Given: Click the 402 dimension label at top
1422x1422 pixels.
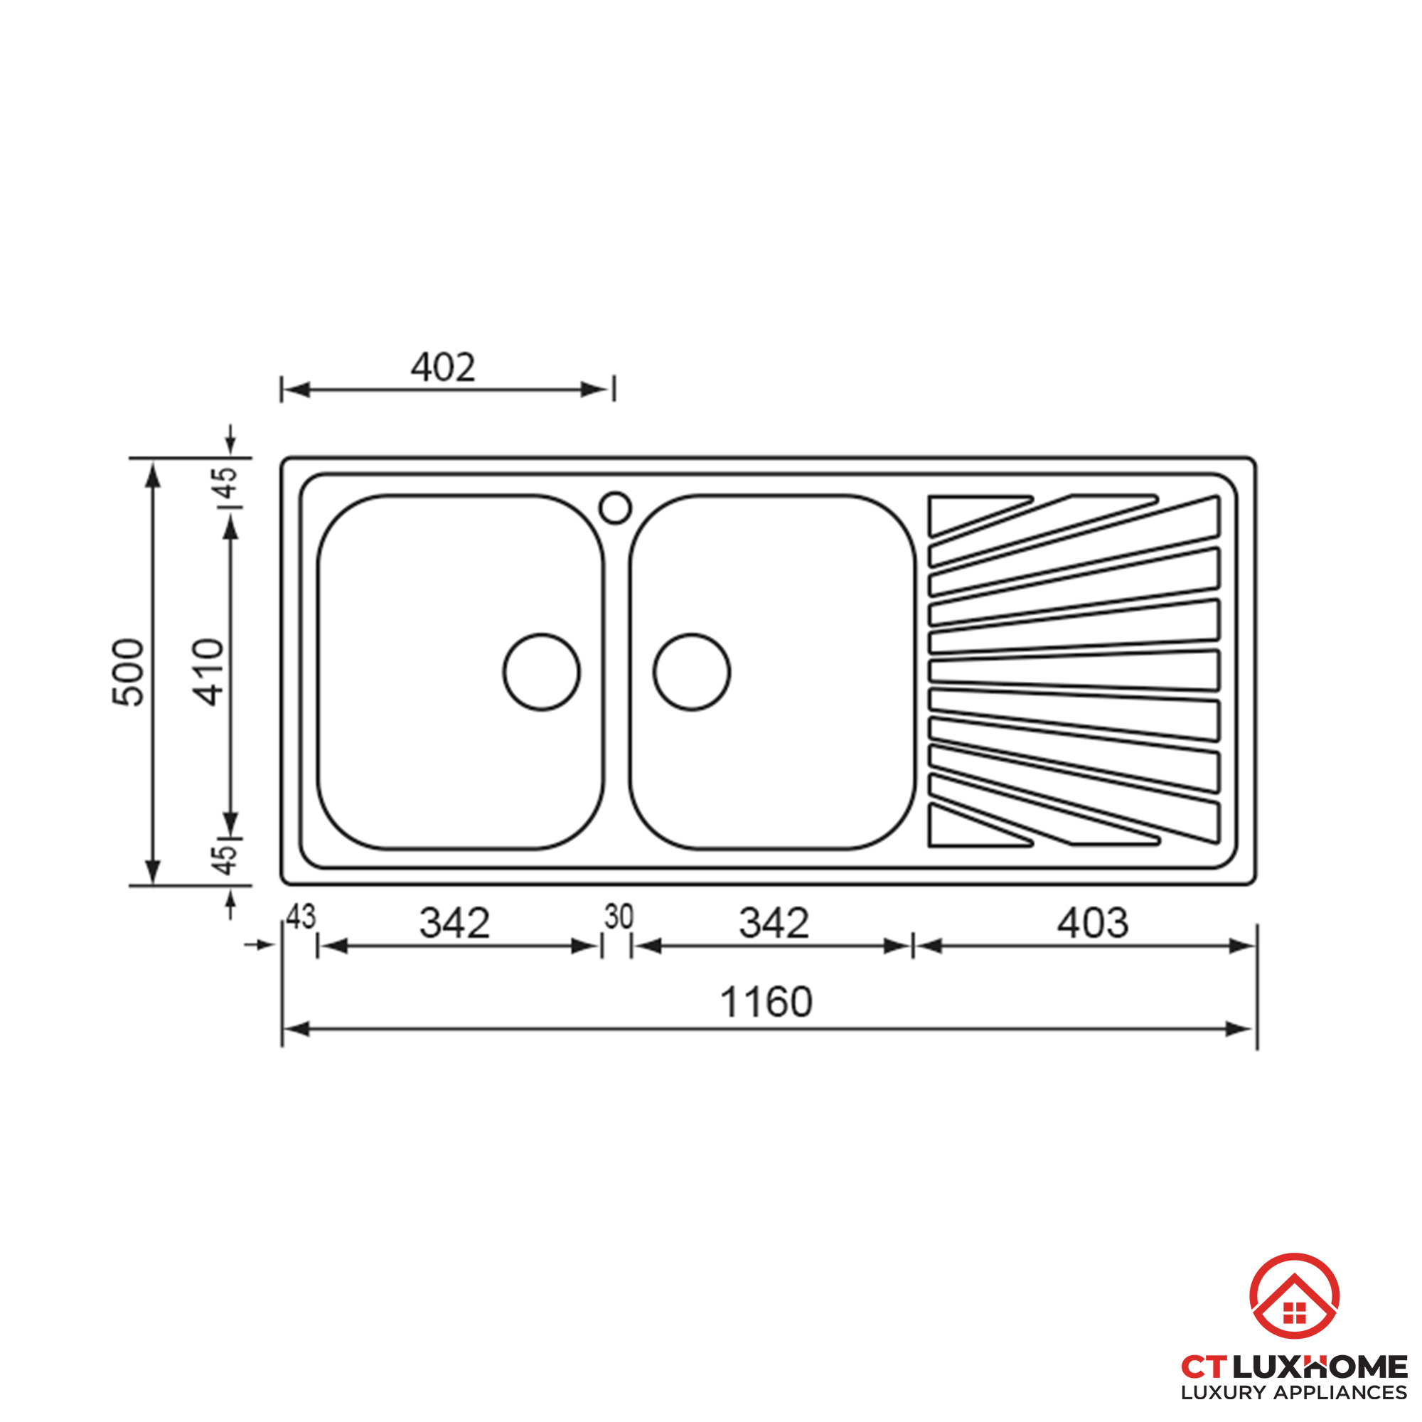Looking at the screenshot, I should (x=443, y=367).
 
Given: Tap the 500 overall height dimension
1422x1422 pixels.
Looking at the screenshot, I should (x=128, y=672).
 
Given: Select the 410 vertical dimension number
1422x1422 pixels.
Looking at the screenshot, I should (x=208, y=672).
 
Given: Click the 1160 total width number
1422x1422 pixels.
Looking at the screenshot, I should (x=766, y=1002).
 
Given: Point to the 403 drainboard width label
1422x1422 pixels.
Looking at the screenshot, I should (x=1092, y=923).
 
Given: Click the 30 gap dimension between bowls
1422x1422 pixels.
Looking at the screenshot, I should (x=619, y=917).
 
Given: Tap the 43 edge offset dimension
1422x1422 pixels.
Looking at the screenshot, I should (x=300, y=917).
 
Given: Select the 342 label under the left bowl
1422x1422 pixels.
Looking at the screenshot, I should (x=454, y=923).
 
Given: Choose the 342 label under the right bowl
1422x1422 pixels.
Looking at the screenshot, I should (x=774, y=923).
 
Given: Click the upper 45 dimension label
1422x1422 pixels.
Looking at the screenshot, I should (x=225, y=483).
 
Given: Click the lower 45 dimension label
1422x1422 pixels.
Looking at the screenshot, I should (x=225, y=859).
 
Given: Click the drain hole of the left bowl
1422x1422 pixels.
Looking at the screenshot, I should (x=542, y=672).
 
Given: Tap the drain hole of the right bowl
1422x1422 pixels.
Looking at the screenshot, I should (x=691, y=672).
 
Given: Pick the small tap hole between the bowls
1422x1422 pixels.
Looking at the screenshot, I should (x=615, y=508).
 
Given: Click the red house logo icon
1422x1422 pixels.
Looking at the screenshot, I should (x=1294, y=1298).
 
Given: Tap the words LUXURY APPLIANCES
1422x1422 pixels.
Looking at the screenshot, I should (x=1293, y=1393).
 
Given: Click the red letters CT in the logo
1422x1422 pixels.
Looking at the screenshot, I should (x=1204, y=1367).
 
